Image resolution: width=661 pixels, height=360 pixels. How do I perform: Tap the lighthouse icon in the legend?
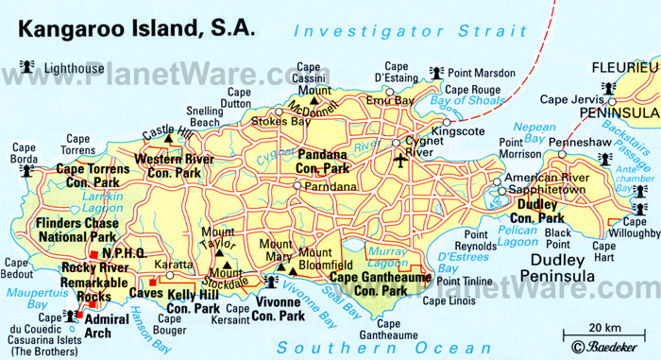tap(24, 68)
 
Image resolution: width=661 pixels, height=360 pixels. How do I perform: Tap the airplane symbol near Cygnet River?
tap(401, 162)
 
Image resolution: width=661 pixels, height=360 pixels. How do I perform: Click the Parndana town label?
tap(329, 186)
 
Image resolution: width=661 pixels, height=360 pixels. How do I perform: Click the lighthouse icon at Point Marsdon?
tap(438, 72)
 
